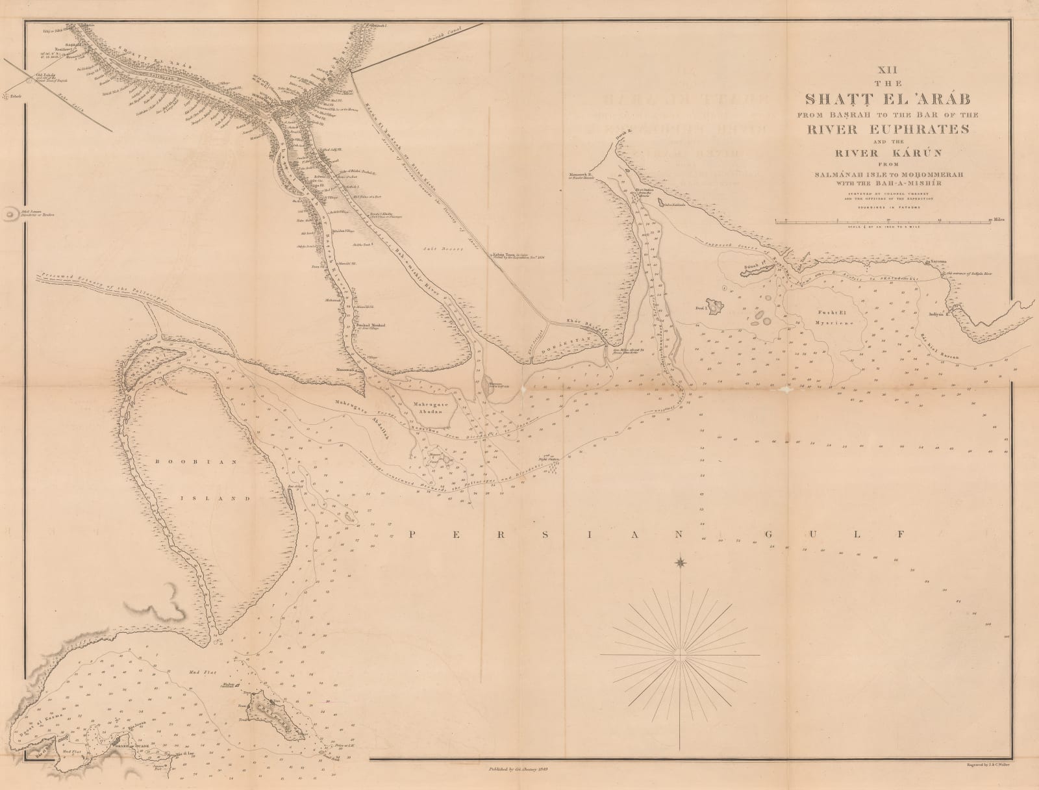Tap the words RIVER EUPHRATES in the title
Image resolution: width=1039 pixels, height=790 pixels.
(x=887, y=128)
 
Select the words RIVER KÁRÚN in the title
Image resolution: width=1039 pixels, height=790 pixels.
(x=887, y=153)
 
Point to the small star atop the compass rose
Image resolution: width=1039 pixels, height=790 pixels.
(x=681, y=562)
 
